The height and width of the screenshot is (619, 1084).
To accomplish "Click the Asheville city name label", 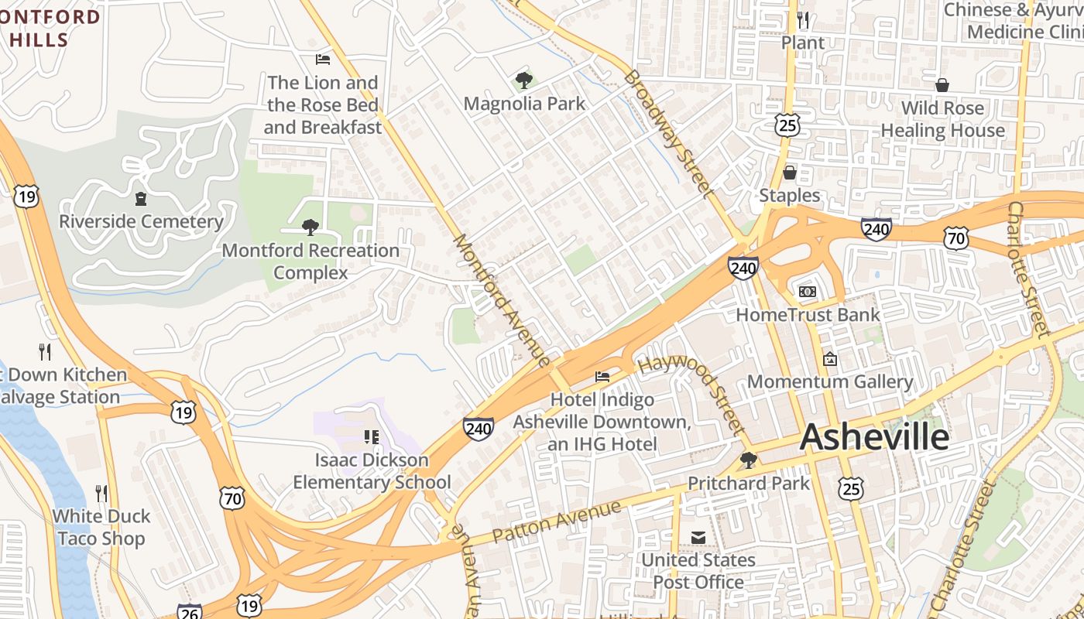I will point(874,437).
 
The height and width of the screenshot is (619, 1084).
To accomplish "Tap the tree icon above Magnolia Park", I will point(524,80).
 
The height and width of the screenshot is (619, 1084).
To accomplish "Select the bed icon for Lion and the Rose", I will point(323,60).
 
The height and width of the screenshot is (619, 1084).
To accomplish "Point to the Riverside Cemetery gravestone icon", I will point(141,199).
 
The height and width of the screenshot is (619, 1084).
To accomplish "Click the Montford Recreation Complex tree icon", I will point(310,227).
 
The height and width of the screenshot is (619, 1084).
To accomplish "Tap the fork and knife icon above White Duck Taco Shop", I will point(101,493).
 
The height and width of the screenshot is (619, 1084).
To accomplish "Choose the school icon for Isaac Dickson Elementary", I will point(372,437).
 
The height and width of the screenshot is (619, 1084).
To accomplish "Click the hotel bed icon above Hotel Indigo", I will point(602,377).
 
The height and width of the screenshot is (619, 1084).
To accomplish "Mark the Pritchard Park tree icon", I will point(748,460).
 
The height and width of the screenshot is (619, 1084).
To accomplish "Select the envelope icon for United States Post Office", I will point(698,537).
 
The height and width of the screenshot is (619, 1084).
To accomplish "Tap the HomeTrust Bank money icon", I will point(808,292).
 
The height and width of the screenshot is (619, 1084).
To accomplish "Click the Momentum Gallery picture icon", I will point(830,359).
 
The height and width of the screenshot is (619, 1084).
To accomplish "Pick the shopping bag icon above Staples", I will point(790,173).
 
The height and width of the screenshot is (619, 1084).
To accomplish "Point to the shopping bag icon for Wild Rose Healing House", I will point(942,85).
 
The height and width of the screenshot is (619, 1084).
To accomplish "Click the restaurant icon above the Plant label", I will point(803,19).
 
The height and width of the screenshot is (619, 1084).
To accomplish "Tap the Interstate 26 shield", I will point(190,611).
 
